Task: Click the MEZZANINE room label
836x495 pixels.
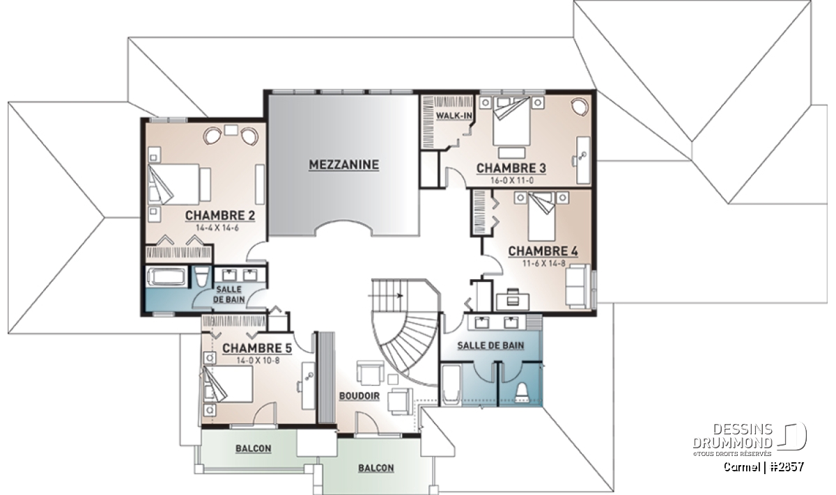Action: click(x=343, y=165)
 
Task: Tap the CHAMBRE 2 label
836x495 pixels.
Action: click(x=220, y=216)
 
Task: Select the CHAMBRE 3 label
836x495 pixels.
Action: click(x=511, y=168)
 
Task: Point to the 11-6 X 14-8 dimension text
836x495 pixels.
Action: click(x=544, y=263)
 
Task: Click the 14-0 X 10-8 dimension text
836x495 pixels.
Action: click(x=258, y=361)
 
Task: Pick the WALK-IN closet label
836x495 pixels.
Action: click(x=454, y=116)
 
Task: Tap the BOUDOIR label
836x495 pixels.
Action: click(x=359, y=396)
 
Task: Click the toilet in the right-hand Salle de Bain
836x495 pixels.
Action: click(x=522, y=394)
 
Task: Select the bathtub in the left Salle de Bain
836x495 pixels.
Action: click(x=167, y=276)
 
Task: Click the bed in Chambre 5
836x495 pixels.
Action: click(x=228, y=384)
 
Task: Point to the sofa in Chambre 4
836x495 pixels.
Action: click(x=578, y=286)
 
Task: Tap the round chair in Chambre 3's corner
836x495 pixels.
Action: click(x=580, y=107)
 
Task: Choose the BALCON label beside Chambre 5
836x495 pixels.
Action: click(x=253, y=448)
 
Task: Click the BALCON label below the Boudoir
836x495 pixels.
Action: click(x=376, y=468)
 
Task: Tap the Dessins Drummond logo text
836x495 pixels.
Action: click(x=732, y=436)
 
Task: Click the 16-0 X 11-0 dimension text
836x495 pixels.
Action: click(x=511, y=180)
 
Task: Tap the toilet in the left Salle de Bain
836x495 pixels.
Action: click(x=201, y=276)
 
